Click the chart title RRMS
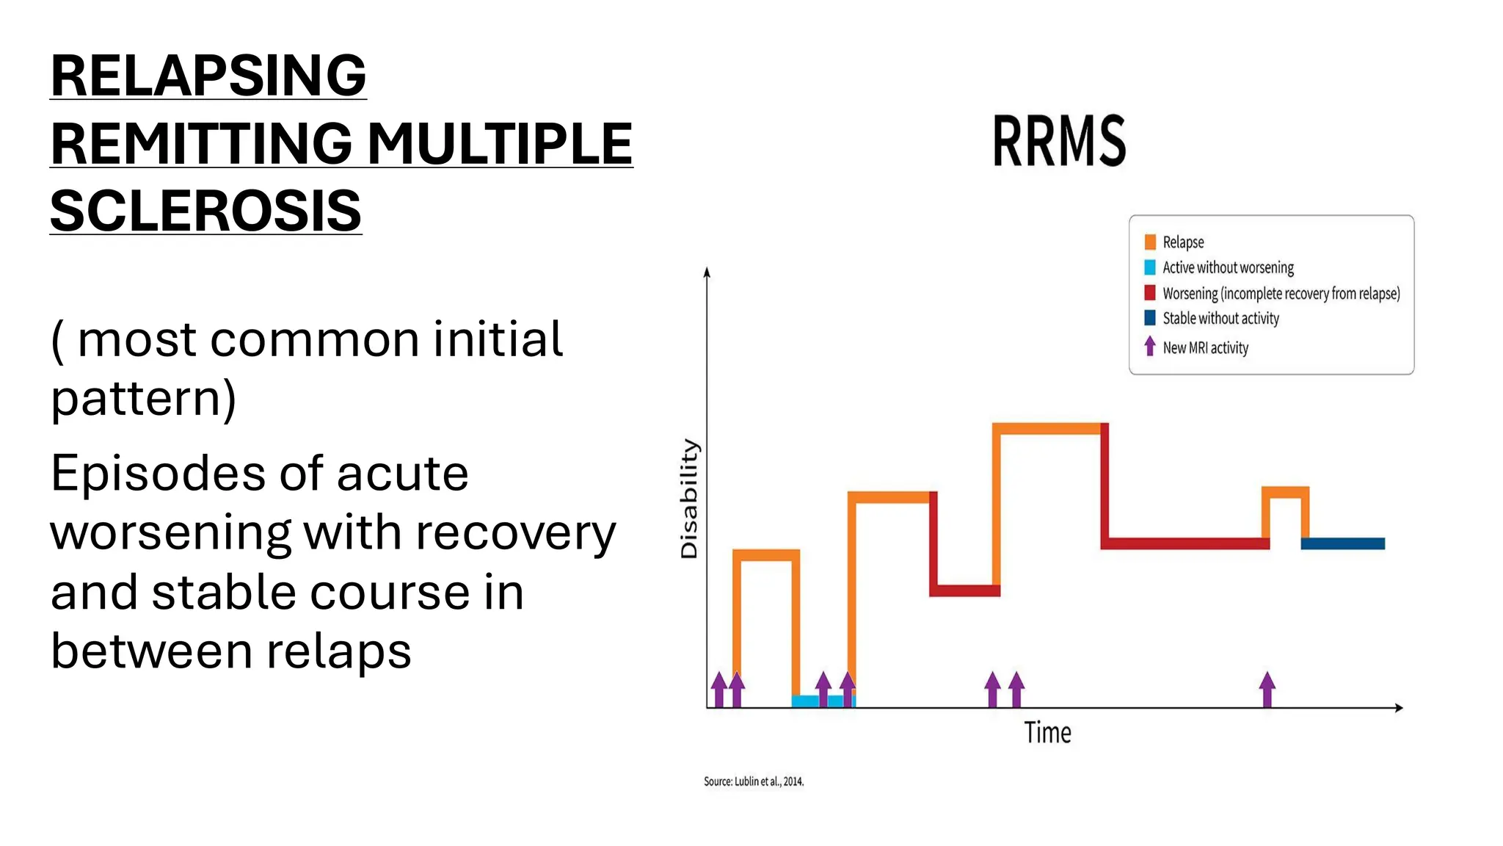click(1058, 140)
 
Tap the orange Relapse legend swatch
click(1150, 242)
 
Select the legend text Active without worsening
click(1228, 268)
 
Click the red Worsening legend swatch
click(1150, 293)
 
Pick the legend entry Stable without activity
click(1220, 318)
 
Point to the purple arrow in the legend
click(1150, 346)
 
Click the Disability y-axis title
click(689, 498)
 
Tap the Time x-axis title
click(1047, 733)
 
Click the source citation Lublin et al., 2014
click(754, 781)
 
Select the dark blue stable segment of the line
click(1343, 543)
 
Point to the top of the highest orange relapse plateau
click(1048, 428)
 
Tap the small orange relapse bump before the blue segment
click(1285, 492)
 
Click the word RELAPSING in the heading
click(208, 76)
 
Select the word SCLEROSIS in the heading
click(205, 211)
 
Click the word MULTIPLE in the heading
click(499, 143)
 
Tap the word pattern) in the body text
click(143, 399)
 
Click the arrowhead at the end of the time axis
click(1398, 707)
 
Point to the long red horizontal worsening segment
click(1184, 543)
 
